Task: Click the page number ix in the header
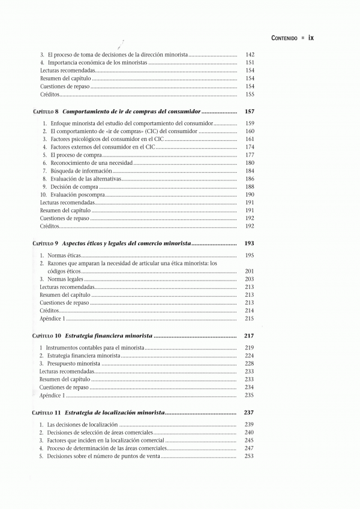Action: point(311,37)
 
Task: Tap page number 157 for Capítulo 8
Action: point(250,112)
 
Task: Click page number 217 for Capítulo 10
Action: point(250,336)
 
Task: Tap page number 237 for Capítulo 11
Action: point(250,412)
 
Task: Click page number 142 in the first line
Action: point(250,55)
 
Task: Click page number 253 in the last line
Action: point(250,456)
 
